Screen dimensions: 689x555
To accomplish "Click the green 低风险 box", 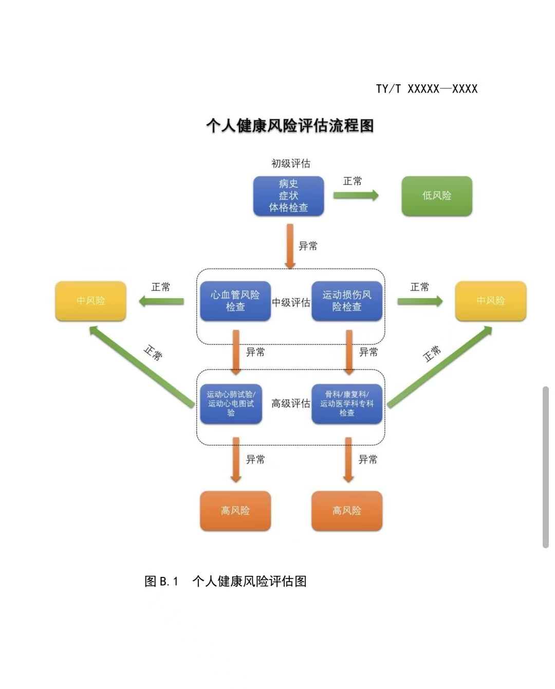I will point(436,196).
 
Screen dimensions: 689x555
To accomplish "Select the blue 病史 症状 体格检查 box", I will point(288,196).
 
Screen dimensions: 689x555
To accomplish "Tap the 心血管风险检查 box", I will point(235,301).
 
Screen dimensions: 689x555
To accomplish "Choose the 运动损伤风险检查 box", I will point(347,301).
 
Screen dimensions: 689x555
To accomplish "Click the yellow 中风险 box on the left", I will point(90,301).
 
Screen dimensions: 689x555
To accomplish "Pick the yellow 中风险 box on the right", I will point(491,301).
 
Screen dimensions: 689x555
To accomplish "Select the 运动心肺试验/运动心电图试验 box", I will point(231,404).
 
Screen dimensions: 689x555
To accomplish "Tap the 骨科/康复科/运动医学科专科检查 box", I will point(347,404).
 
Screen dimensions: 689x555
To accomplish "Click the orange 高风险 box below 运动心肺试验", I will point(235,511).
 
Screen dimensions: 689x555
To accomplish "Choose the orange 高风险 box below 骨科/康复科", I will point(347,511).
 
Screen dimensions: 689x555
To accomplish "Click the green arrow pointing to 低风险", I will point(356,195).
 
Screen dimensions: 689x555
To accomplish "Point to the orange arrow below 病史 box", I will point(290,246).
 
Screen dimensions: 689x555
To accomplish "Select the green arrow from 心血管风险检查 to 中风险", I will point(161,301).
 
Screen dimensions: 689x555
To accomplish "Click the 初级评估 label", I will point(291,164).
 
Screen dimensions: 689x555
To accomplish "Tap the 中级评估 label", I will point(291,302).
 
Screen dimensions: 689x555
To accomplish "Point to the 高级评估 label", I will point(291,404).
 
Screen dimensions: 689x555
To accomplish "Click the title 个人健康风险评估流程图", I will point(290,125).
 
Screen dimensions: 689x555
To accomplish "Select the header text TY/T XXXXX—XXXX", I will point(427,89).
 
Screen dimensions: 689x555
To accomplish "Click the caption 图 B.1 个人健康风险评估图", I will point(226,582).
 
